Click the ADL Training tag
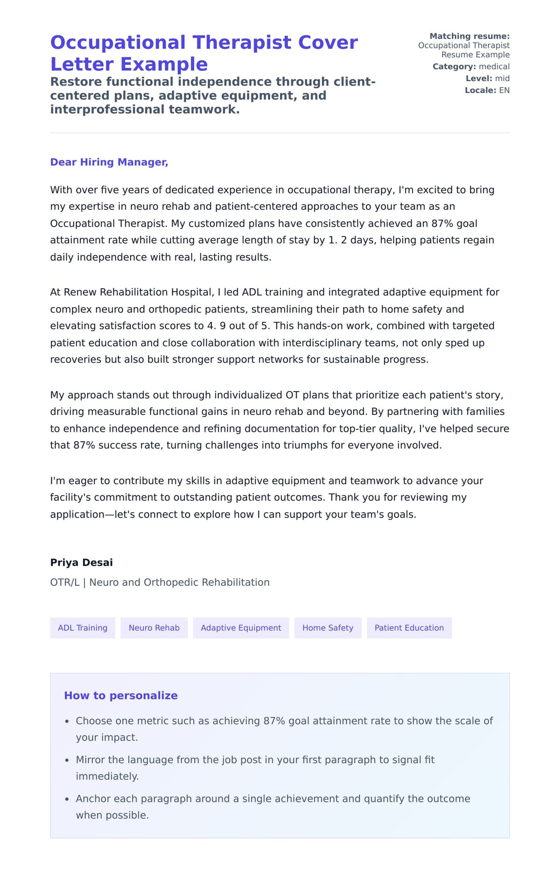[x=83, y=628]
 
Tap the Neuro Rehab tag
[x=154, y=628]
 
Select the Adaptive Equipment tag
[x=241, y=628]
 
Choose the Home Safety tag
[x=328, y=628]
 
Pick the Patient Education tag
[x=409, y=628]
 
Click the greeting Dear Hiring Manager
[x=109, y=162]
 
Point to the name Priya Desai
[x=82, y=563]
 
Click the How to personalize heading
[x=121, y=696]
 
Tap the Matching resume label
[x=469, y=36]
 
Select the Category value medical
[x=494, y=66]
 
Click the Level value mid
[x=502, y=78]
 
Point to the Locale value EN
[x=504, y=90]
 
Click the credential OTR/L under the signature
[x=65, y=583]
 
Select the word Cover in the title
[x=328, y=43]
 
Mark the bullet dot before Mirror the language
[x=67, y=760]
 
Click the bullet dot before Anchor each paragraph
[x=67, y=799]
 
